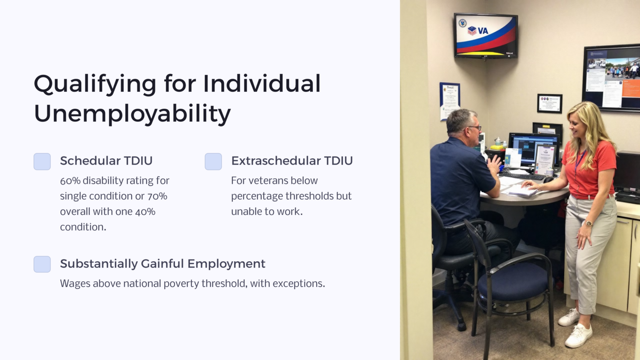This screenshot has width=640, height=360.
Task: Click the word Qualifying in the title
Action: point(95,84)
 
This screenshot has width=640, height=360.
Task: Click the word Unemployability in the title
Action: point(132,113)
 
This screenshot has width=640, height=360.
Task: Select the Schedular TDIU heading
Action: point(106,161)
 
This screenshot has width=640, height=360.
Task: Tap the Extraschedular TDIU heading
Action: point(292,161)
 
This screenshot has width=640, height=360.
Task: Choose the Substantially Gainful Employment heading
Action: point(162,264)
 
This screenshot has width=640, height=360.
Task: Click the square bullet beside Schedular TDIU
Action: point(42,162)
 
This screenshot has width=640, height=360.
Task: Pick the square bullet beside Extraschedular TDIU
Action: point(213,162)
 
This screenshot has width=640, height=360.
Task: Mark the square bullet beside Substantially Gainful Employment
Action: point(42,264)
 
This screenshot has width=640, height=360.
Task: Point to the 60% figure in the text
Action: point(70,181)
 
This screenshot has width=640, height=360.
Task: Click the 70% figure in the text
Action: point(157,196)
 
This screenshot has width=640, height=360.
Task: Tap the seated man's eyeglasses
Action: point(475,128)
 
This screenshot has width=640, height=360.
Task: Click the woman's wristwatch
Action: point(589,224)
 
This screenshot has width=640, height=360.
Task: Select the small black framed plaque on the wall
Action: point(549,103)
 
